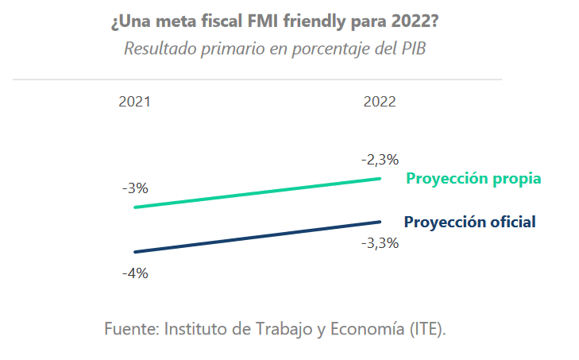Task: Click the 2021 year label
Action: (x=134, y=102)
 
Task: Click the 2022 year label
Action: (x=380, y=102)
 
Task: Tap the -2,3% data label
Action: (x=380, y=159)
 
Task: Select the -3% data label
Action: (x=135, y=188)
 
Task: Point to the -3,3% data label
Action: (x=380, y=243)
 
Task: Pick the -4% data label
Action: (x=135, y=273)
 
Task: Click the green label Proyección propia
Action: (x=473, y=178)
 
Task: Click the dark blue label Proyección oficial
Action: (x=470, y=222)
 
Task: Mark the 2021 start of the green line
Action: (x=136, y=207)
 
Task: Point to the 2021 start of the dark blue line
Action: (x=136, y=252)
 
